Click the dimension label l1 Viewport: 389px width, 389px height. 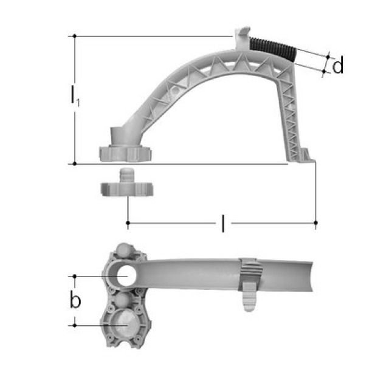(x=74, y=97)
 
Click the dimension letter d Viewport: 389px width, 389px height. (x=338, y=66)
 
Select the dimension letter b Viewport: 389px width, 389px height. (x=75, y=300)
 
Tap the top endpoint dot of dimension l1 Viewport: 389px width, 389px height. (x=74, y=36)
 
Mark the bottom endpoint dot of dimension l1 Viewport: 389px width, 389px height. (x=74, y=164)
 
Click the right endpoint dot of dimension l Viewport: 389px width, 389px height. (x=315, y=224)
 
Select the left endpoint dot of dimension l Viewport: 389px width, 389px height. (x=128, y=224)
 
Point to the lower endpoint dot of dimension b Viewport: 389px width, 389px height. (x=74, y=325)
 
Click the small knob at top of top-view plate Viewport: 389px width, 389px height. (x=123, y=250)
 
